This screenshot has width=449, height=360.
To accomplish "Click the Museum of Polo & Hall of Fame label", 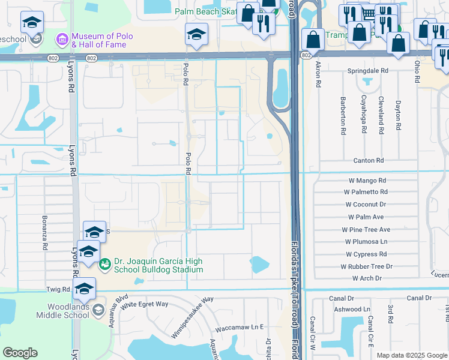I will (x=99, y=40).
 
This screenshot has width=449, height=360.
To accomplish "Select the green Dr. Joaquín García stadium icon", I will (x=105, y=263).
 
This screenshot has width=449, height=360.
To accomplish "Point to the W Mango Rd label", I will (x=367, y=180).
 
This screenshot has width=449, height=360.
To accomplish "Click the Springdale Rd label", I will (x=368, y=70).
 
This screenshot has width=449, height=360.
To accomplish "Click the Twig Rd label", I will (x=58, y=289).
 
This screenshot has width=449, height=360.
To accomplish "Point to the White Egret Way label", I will (x=144, y=304).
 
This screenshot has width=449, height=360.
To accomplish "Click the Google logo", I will (x=20, y=353).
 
